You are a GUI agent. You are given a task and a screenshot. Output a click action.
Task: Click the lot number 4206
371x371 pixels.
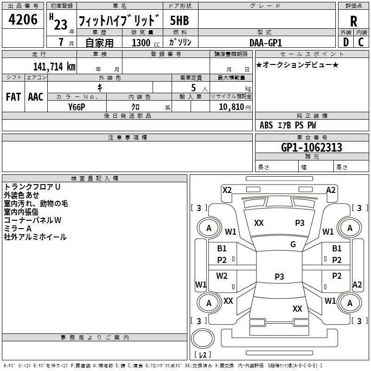[x=23, y=19]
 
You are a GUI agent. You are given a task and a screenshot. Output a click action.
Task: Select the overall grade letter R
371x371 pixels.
[x=353, y=21]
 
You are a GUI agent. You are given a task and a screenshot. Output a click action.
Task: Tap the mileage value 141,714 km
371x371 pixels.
[x=54, y=67]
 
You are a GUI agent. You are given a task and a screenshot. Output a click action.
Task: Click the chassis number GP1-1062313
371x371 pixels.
[x=312, y=147]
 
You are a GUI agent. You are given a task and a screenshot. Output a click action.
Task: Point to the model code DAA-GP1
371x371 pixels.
[x=266, y=43]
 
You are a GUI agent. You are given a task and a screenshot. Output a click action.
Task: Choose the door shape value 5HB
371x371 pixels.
[x=179, y=20]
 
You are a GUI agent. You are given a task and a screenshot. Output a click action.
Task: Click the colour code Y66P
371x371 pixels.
[x=77, y=107]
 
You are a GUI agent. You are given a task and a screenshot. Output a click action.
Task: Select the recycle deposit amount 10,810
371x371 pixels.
[x=231, y=107]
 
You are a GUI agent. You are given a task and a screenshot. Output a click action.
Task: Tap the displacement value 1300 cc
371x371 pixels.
[x=146, y=43]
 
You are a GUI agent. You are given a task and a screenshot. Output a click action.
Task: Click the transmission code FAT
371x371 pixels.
[x=13, y=97]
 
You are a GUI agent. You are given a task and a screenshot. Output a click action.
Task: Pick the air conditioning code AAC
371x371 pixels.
[x=36, y=97]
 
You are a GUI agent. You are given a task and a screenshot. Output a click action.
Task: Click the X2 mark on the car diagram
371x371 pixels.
[x=227, y=190]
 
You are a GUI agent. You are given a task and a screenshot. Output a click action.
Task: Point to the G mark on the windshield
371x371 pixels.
[x=293, y=244]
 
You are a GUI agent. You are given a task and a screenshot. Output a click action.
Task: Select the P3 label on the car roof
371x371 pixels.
[x=279, y=276]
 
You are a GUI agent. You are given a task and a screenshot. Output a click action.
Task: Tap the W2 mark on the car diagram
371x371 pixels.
[x=222, y=276]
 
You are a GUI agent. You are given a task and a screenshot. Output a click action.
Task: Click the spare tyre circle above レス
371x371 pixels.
[x=203, y=338]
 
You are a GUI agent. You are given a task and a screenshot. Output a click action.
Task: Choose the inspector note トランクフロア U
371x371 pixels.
[x=32, y=187]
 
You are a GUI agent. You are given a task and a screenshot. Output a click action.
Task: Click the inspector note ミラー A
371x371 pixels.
[x=18, y=229]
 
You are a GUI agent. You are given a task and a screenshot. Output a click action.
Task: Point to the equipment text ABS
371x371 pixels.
[x=266, y=125]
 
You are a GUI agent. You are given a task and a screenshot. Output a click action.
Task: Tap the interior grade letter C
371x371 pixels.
[x=361, y=42]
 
